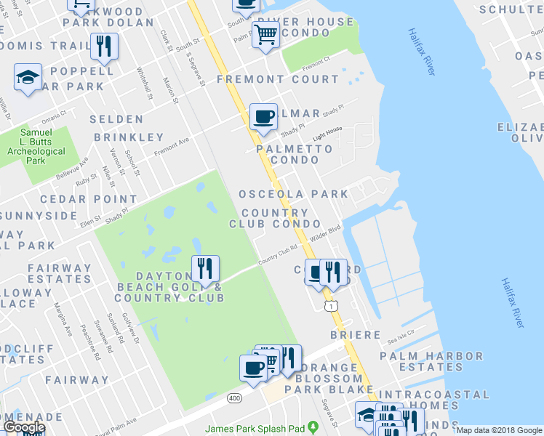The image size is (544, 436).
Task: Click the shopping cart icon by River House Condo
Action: click(265, 33)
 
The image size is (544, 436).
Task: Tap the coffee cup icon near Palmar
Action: click(263, 116)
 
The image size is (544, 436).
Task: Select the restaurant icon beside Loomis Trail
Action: click(104, 47)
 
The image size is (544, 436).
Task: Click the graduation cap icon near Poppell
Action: click(28, 77)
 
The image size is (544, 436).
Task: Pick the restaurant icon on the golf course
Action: click(205, 269)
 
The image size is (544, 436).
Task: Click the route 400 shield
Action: click(234, 398)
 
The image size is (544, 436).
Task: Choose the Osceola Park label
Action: click(294, 194)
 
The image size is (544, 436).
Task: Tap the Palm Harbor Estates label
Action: click(431, 362)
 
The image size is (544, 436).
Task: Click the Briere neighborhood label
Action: click(356, 335)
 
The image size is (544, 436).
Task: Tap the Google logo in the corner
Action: click(24, 428)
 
